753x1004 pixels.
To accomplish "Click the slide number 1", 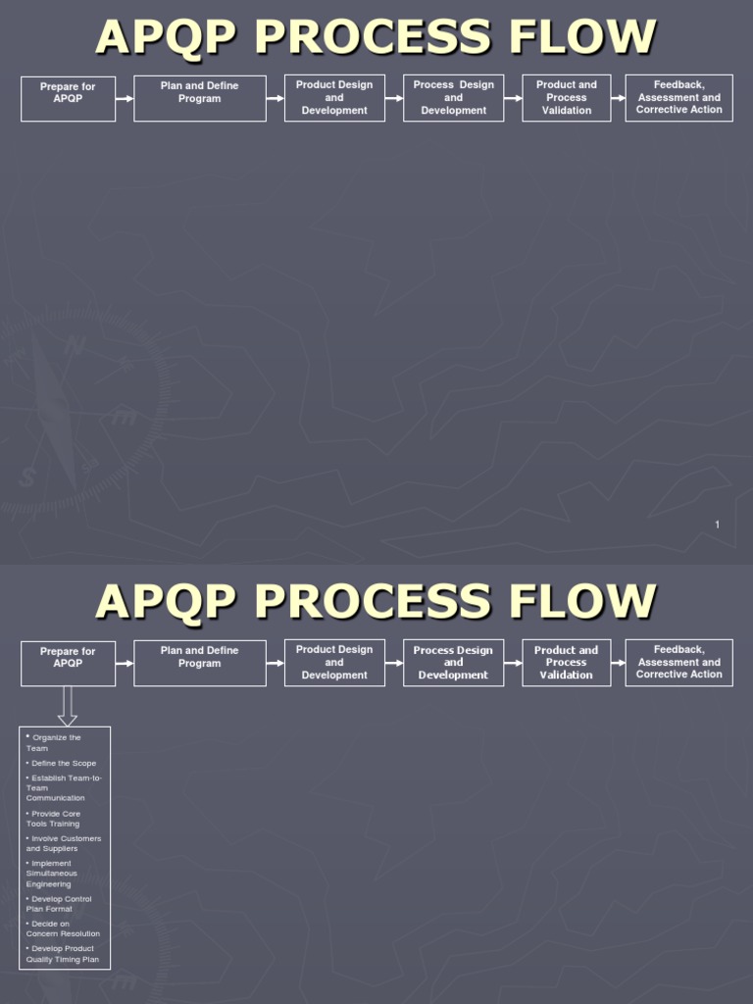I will (717, 525).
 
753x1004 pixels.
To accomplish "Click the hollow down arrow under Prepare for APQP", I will (68, 705).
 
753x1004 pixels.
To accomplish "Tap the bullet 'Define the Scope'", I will (63, 763).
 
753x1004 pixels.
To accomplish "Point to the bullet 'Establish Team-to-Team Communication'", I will (64, 787).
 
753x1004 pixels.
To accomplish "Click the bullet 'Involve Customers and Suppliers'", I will (64, 843).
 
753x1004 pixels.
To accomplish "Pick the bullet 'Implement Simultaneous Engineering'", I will (52, 874).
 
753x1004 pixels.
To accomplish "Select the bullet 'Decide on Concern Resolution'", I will (63, 929).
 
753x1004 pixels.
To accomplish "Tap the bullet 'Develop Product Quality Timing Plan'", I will (63, 953).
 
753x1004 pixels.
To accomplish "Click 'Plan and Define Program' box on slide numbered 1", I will (199, 98).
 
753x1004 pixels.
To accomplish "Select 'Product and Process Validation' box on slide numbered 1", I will (567, 98).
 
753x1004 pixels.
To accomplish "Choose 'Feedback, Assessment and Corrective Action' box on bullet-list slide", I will (678, 662).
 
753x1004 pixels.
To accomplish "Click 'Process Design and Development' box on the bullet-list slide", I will (453, 662).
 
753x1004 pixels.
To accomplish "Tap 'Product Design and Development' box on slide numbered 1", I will (334, 98).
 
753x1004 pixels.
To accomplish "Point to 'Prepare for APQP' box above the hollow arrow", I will (68, 663).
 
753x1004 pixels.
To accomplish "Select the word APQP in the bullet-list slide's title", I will (166, 601).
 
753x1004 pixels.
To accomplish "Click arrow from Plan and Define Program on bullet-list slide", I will (275, 664).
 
